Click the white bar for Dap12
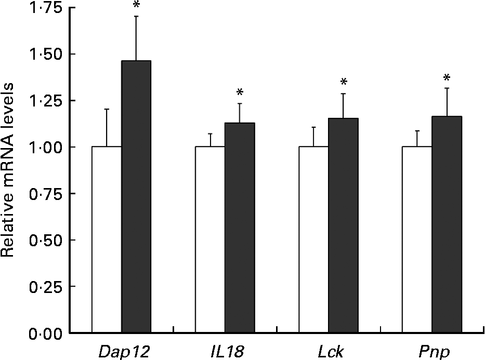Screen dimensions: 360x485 click(x=107, y=239)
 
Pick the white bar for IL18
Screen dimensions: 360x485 click(x=210, y=239)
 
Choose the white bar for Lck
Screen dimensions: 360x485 click(x=313, y=239)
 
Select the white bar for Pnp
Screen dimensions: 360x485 click(x=417, y=239)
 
